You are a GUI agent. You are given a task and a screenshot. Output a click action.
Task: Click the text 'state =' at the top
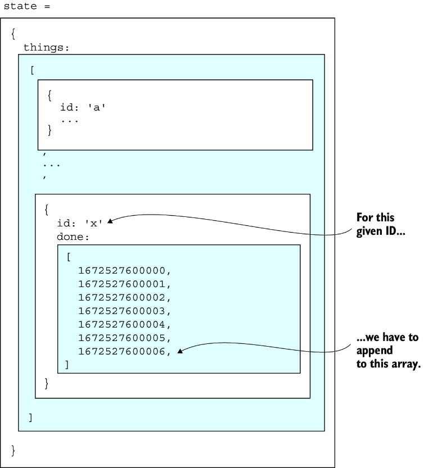point(27,6)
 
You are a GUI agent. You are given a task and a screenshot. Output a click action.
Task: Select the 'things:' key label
point(46,47)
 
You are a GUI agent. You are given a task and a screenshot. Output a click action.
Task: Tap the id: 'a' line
point(83,107)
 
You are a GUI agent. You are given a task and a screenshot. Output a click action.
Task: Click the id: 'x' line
point(80,223)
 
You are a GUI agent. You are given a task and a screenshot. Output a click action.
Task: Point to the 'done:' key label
point(73,237)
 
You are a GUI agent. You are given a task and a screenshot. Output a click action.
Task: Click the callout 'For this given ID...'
point(381,225)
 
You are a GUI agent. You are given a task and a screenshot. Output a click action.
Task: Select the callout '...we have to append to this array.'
point(389,351)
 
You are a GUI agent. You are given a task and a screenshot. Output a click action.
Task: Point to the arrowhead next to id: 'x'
point(110,221)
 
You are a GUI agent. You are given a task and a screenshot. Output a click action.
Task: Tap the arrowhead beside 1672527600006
point(180,351)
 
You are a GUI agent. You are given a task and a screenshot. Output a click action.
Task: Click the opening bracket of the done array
point(69,257)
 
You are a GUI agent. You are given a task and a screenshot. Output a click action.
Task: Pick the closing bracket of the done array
point(67,365)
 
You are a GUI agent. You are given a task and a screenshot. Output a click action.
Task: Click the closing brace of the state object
point(13,451)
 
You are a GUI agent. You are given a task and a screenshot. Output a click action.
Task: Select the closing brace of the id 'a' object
point(49,130)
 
